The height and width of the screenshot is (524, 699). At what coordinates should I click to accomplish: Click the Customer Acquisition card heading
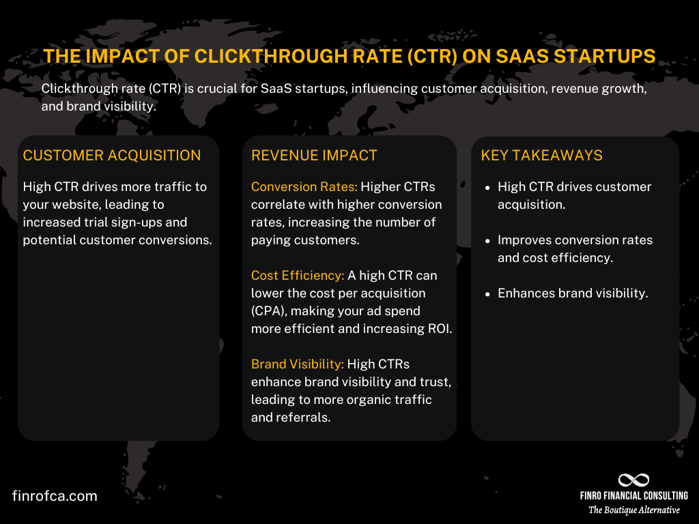pyautogui.click(x=112, y=156)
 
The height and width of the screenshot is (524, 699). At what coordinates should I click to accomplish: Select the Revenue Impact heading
pyautogui.click(x=314, y=156)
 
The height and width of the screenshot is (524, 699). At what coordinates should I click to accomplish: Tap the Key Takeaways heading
pyautogui.click(x=542, y=156)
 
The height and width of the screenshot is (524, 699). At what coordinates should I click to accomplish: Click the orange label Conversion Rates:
pyautogui.click(x=304, y=187)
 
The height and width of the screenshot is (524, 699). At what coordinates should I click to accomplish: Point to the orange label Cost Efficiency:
pyautogui.click(x=298, y=276)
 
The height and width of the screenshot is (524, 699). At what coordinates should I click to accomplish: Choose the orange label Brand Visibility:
pyautogui.click(x=298, y=364)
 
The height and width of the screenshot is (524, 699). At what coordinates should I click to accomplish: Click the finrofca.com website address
pyautogui.click(x=55, y=496)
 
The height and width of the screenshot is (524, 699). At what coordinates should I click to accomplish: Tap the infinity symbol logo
pyautogui.click(x=633, y=480)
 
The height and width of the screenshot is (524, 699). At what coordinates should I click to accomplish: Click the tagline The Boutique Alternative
pyautogui.click(x=634, y=510)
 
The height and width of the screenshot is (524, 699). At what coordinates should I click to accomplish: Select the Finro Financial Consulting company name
pyautogui.click(x=633, y=496)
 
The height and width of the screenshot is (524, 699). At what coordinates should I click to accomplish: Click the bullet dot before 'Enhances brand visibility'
pyautogui.click(x=487, y=294)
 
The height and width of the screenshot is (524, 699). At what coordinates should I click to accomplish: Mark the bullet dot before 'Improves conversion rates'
pyautogui.click(x=487, y=241)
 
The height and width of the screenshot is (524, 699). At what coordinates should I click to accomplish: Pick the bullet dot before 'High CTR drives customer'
pyautogui.click(x=487, y=188)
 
